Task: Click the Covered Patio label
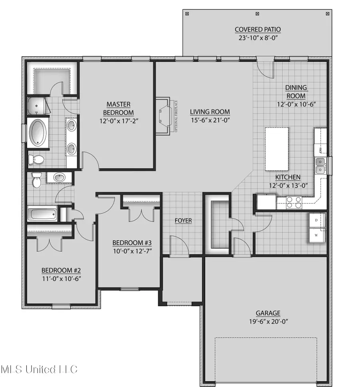pos(258,30)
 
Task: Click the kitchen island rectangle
pos(276,148)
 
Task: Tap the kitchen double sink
pos(320,166)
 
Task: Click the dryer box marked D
pos(316,220)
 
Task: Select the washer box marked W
pos(316,235)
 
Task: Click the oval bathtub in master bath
pos(38,132)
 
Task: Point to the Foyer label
pos(183,221)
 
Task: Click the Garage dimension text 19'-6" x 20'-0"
pos(268,321)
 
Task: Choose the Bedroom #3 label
pos(131,243)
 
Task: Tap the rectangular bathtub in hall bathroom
pos(42,213)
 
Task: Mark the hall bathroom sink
pos(60,178)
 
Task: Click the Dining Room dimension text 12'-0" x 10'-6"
pos(296,105)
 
